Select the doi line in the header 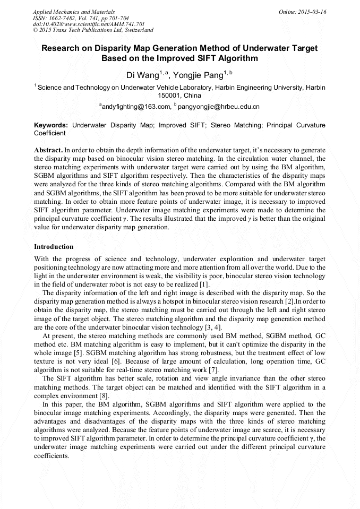89,24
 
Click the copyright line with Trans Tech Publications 93,30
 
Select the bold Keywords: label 51,126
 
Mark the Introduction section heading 54,247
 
